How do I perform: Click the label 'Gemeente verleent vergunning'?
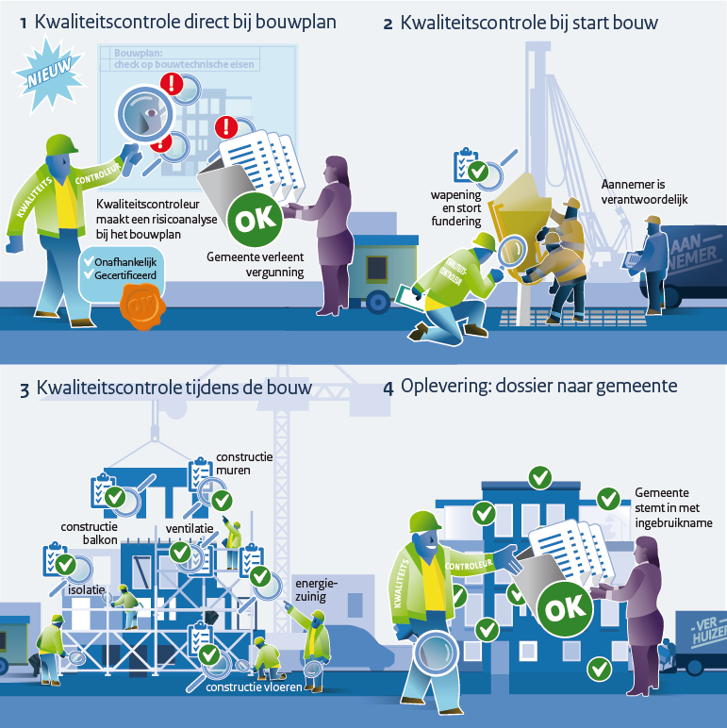(255, 264)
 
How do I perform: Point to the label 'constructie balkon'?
(89, 533)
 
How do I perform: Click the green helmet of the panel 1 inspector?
(62, 144)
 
